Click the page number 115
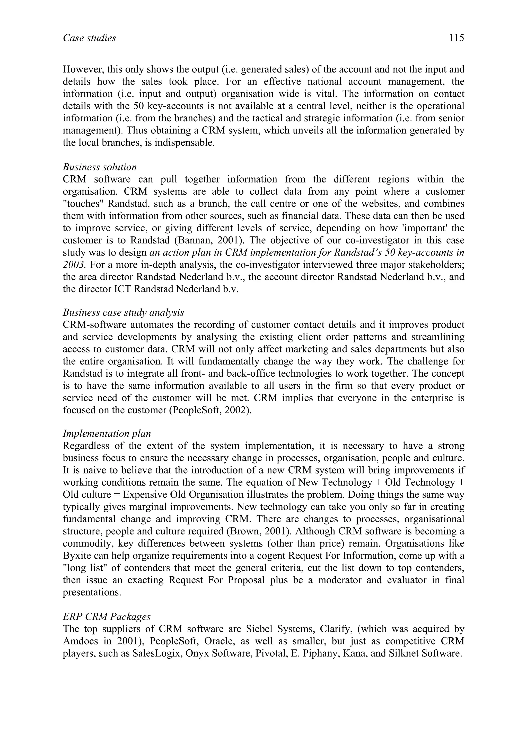[x=456, y=38]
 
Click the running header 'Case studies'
[x=89, y=38]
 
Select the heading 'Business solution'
[x=100, y=167]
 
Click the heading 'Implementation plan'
[x=107, y=433]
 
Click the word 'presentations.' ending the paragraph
[x=92, y=592]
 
